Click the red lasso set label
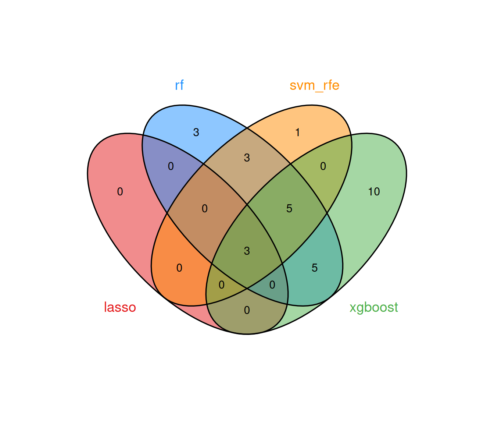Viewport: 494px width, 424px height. (120, 307)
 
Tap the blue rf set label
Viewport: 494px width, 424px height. (179, 85)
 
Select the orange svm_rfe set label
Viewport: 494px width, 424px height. (314, 85)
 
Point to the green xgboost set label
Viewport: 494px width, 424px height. (373, 307)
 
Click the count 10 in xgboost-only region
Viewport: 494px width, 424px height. (374, 191)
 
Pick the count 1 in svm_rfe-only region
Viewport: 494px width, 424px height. (298, 132)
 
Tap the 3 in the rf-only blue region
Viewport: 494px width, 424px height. (196, 132)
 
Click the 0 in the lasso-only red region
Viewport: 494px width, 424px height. (120, 191)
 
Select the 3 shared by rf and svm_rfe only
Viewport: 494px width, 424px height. (247, 158)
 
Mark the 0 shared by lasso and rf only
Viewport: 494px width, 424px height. (171, 166)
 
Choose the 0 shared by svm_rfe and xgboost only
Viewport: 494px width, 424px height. (323, 166)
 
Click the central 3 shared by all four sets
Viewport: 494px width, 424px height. (247, 251)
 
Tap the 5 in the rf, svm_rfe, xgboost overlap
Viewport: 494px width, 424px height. (289, 209)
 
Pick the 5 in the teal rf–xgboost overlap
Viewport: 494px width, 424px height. (314, 268)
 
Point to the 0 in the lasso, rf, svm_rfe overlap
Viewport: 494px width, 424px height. (204, 209)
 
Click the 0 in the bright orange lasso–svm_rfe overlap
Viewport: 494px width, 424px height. (179, 268)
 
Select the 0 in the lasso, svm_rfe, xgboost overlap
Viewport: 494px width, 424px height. (221, 285)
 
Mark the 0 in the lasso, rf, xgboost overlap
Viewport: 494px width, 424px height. (272, 285)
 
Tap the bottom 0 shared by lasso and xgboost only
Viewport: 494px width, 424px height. (247, 310)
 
